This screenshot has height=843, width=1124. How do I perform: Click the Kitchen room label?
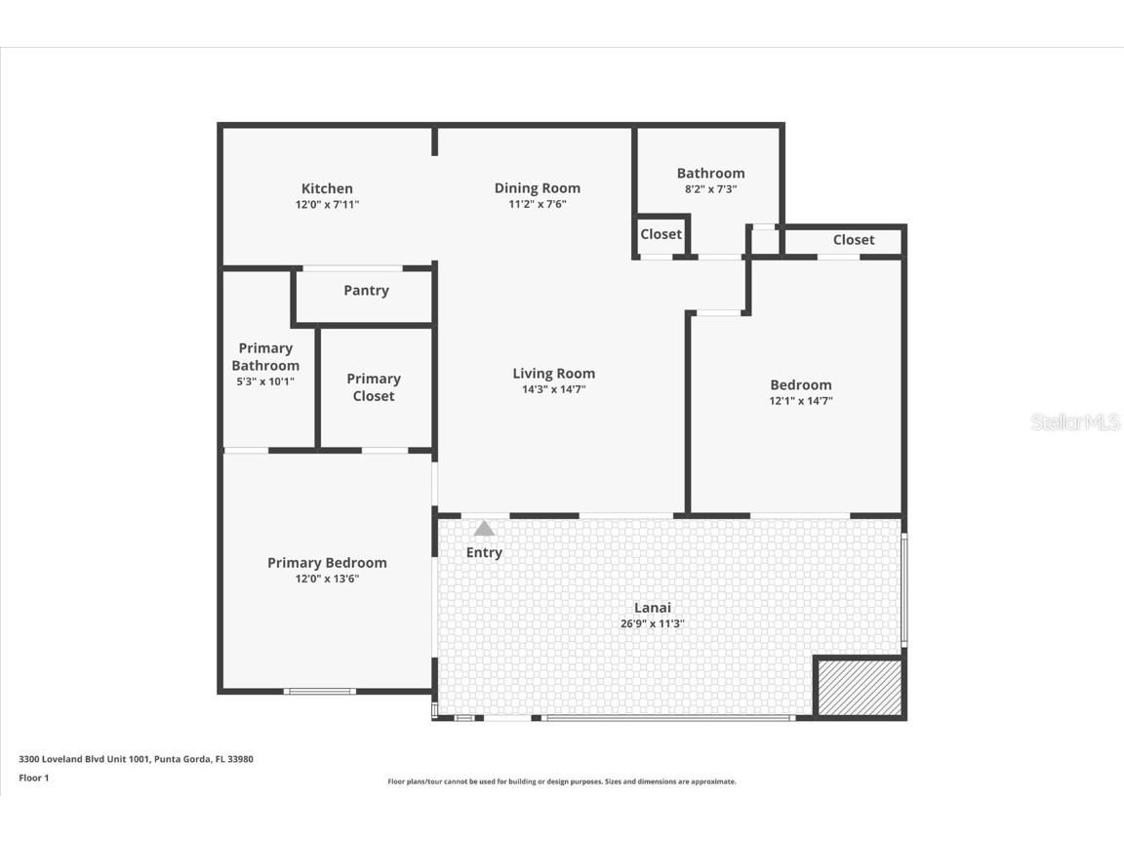pos(327,188)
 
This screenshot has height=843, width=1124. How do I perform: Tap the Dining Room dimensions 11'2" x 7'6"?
pos(537,205)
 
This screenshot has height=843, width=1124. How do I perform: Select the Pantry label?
pos(366,291)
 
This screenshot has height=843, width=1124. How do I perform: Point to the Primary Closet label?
pos(374,387)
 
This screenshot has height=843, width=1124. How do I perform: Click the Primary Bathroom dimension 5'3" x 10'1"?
pos(265,382)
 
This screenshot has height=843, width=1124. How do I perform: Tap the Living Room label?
pos(553,374)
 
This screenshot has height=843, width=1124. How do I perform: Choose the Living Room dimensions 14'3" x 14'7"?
pos(553,390)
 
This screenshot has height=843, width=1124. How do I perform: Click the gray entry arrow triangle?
pos(484,529)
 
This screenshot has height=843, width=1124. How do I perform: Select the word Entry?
pos(484,553)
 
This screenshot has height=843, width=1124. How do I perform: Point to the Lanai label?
pos(652,608)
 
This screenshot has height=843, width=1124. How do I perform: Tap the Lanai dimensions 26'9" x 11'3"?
pos(652,624)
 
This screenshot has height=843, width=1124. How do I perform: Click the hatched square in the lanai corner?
pos(859,688)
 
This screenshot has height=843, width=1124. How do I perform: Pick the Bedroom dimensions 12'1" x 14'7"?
pos(801,401)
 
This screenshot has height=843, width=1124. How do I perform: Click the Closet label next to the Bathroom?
pos(661,234)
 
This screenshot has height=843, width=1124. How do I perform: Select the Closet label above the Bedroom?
pos(854,240)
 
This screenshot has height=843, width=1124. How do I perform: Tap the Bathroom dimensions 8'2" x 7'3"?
pos(710,189)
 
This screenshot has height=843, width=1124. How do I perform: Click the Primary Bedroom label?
pos(327,563)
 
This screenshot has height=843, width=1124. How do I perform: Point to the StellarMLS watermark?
pos(1075,421)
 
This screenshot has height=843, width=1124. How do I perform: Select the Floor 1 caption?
pos(33,778)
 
